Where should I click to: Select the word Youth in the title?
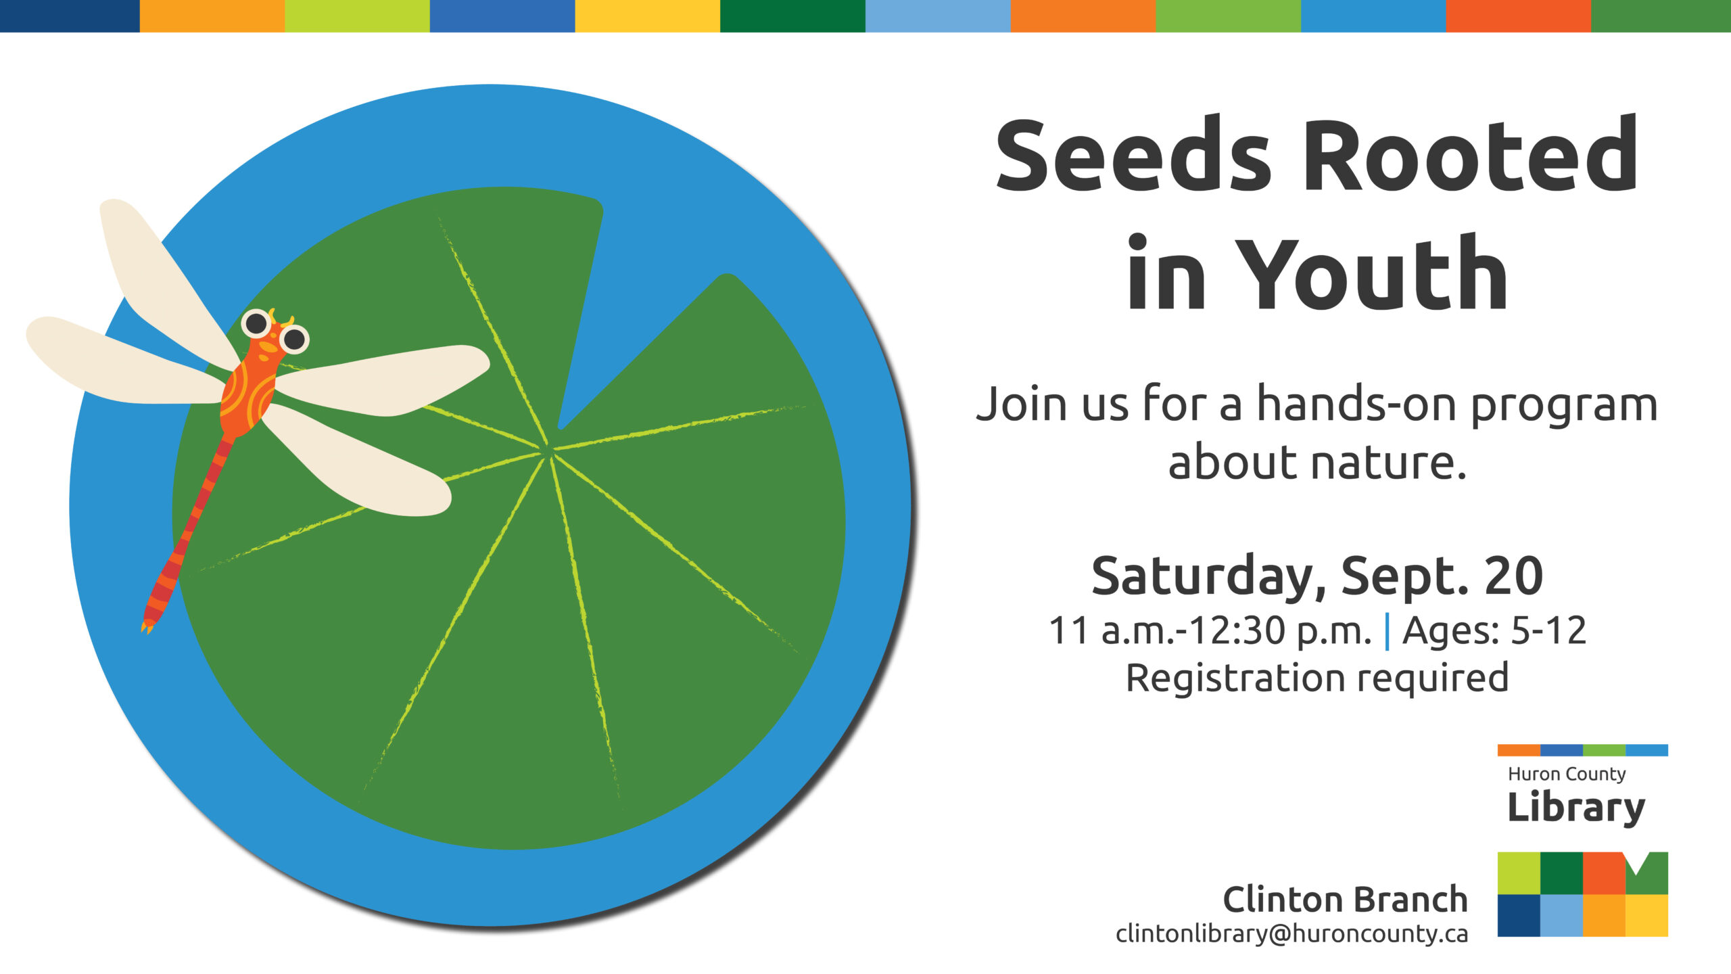(1372, 272)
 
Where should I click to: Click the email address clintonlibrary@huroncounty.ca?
(1292, 934)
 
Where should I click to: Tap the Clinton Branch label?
(1346, 900)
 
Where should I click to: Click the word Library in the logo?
(1576, 807)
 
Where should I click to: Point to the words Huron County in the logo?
(1567, 774)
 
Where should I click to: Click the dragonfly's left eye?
(256, 324)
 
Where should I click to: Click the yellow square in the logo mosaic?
(1646, 915)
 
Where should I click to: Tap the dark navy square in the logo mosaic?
(1519, 915)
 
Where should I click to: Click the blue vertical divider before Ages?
(1388, 632)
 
